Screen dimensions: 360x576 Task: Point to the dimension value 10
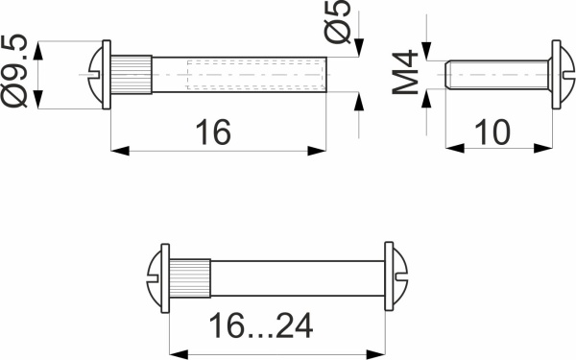coord(491,132)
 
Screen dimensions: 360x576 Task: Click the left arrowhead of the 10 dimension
coord(451,148)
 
